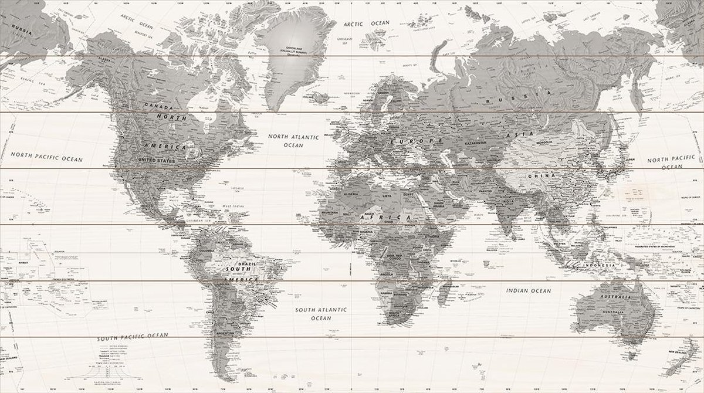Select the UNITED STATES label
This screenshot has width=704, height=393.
(x=157, y=160)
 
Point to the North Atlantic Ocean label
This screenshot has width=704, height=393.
(x=293, y=140)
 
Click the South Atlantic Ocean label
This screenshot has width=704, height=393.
(x=321, y=313)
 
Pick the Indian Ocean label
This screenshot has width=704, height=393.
(x=529, y=290)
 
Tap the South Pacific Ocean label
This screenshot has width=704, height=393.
(x=133, y=337)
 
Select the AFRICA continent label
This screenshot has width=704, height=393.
(x=399, y=218)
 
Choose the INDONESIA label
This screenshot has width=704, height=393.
(x=598, y=265)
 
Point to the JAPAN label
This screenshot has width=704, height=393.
(x=629, y=159)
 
